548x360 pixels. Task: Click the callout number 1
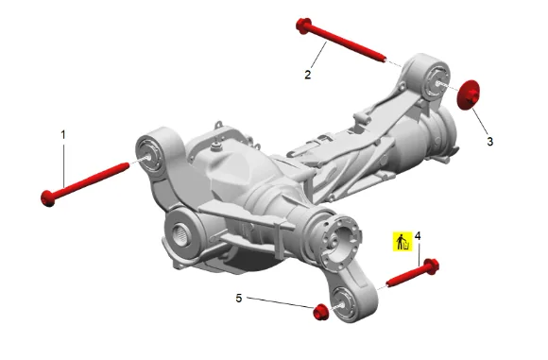(63, 135)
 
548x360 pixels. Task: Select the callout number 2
(308, 75)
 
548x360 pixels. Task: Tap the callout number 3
(490, 142)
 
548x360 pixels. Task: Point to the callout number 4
(418, 236)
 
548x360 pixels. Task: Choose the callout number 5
(239, 299)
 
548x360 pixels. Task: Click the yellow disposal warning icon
(402, 242)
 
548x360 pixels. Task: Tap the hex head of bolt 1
(48, 198)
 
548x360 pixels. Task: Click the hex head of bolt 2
(303, 26)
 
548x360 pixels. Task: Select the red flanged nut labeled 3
(469, 94)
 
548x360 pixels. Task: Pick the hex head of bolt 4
(431, 266)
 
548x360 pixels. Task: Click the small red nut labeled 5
(320, 312)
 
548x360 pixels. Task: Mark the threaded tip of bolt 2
(384, 60)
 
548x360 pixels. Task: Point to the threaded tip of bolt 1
(126, 165)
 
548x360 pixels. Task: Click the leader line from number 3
(481, 122)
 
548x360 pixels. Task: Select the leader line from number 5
(281, 302)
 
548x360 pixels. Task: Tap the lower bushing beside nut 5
(343, 303)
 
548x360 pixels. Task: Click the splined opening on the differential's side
(181, 231)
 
